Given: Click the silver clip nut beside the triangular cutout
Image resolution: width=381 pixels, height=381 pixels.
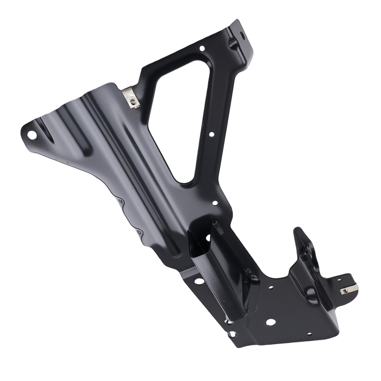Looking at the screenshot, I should pos(132,101).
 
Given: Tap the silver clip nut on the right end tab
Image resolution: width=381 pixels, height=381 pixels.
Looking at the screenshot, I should pos(347,291).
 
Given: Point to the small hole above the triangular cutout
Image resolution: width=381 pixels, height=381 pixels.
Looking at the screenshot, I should pos(202,48).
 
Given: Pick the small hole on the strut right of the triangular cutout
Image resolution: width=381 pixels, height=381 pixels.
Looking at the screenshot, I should pos(211,134).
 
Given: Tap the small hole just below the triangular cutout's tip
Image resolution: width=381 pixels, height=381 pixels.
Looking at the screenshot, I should pos(215,203).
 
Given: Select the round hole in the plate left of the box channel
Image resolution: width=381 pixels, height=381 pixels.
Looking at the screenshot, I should pos(199,281).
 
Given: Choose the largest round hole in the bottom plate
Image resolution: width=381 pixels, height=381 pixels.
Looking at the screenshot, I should pos(270,322).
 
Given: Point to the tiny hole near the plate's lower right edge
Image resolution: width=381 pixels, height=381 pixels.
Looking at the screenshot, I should pos(309,334).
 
